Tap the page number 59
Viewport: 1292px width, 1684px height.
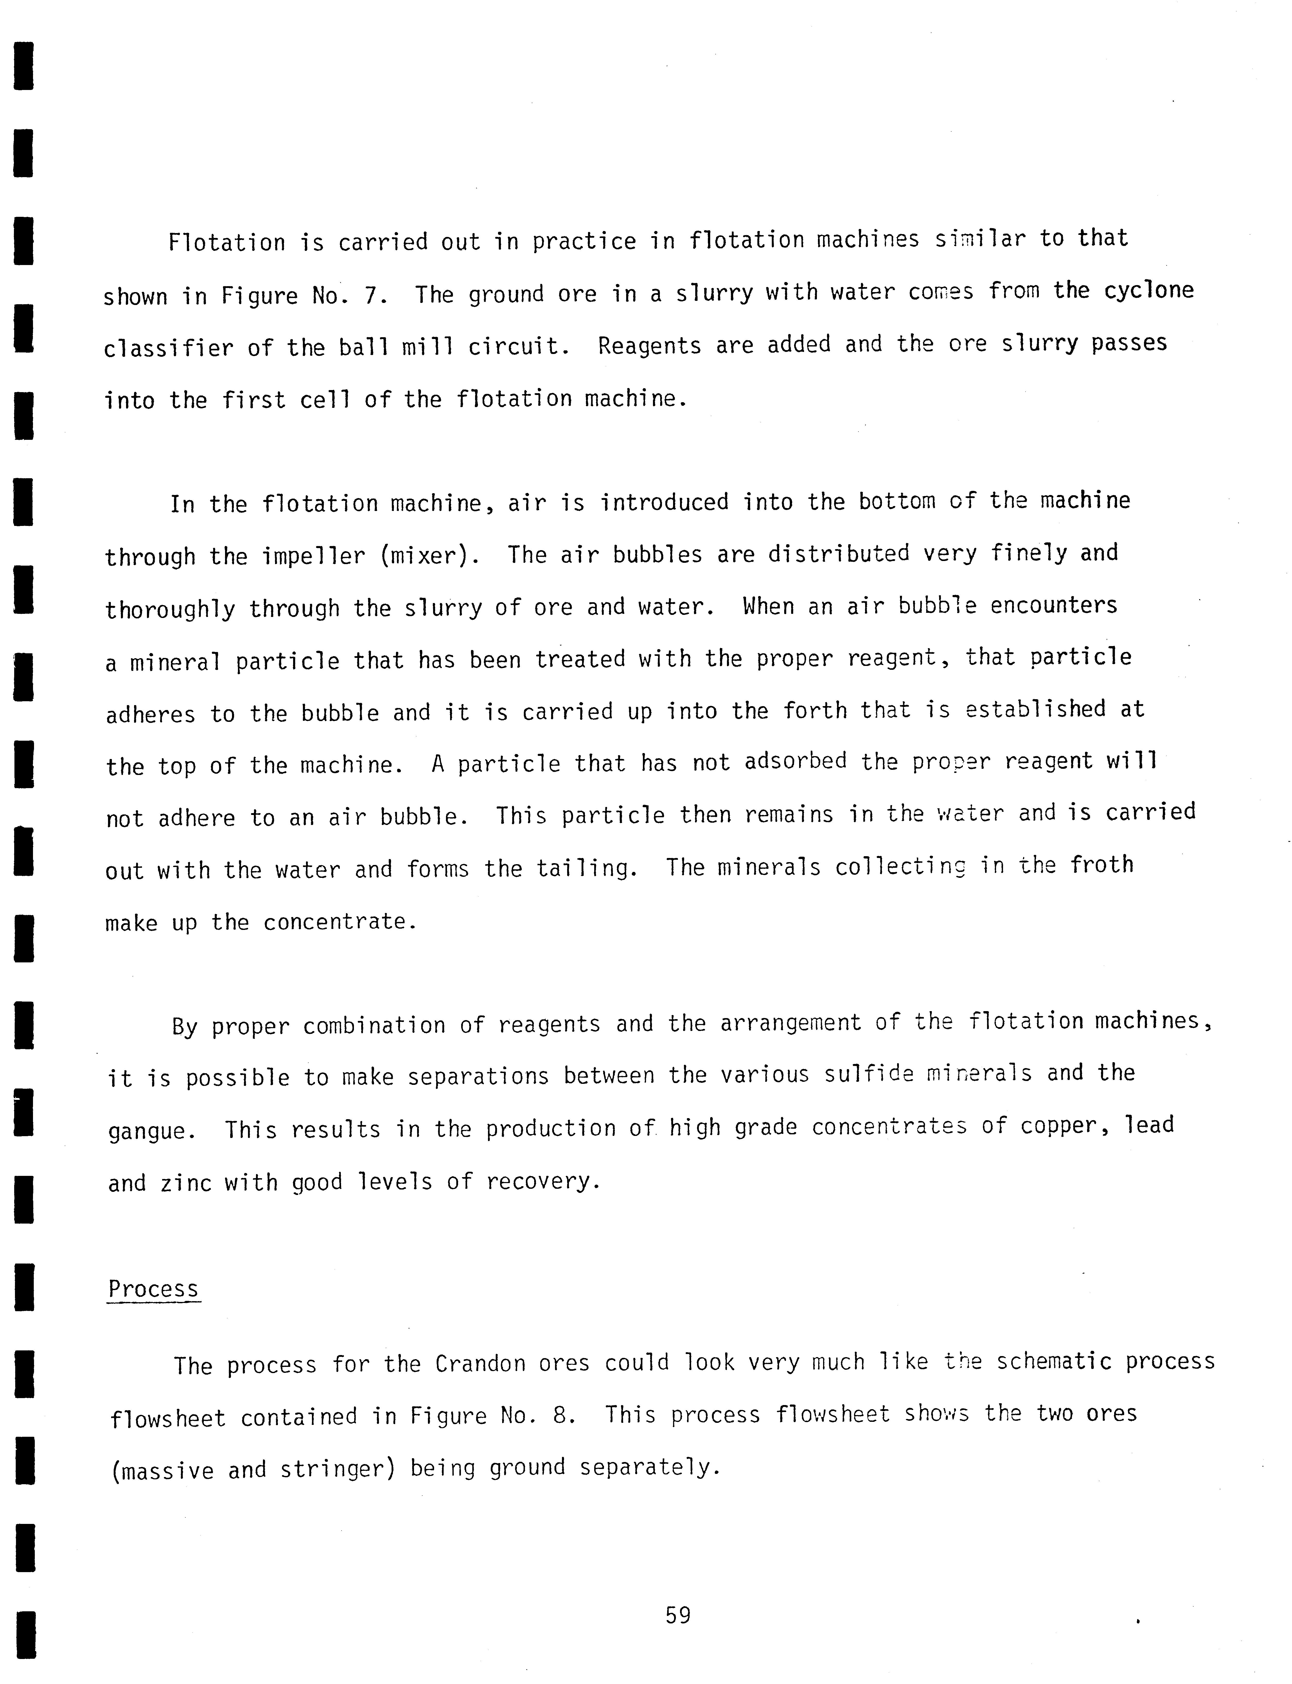click(x=677, y=1616)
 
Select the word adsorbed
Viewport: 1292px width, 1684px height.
click(x=795, y=761)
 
